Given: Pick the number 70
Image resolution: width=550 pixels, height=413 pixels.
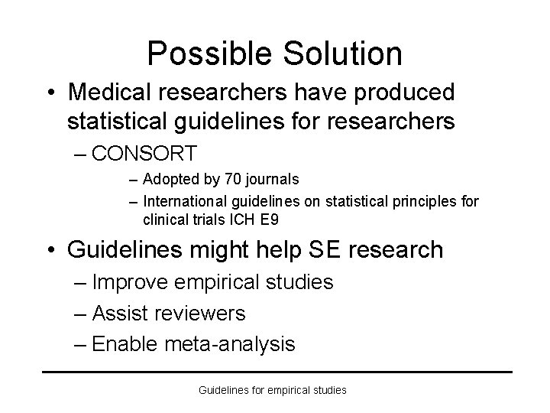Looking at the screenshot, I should (x=232, y=180).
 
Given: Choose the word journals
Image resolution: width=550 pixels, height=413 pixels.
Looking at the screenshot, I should (x=272, y=180).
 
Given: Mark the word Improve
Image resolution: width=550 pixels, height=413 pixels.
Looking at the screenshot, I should (x=130, y=282).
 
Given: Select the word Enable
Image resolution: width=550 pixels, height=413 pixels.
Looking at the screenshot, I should (x=125, y=344).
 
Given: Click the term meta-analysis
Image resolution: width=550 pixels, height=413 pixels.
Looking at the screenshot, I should (x=229, y=344).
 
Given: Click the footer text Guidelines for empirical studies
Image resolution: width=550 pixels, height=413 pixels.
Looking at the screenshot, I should (x=273, y=390).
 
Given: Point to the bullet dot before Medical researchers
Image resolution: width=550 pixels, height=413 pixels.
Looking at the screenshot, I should (x=50, y=93).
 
